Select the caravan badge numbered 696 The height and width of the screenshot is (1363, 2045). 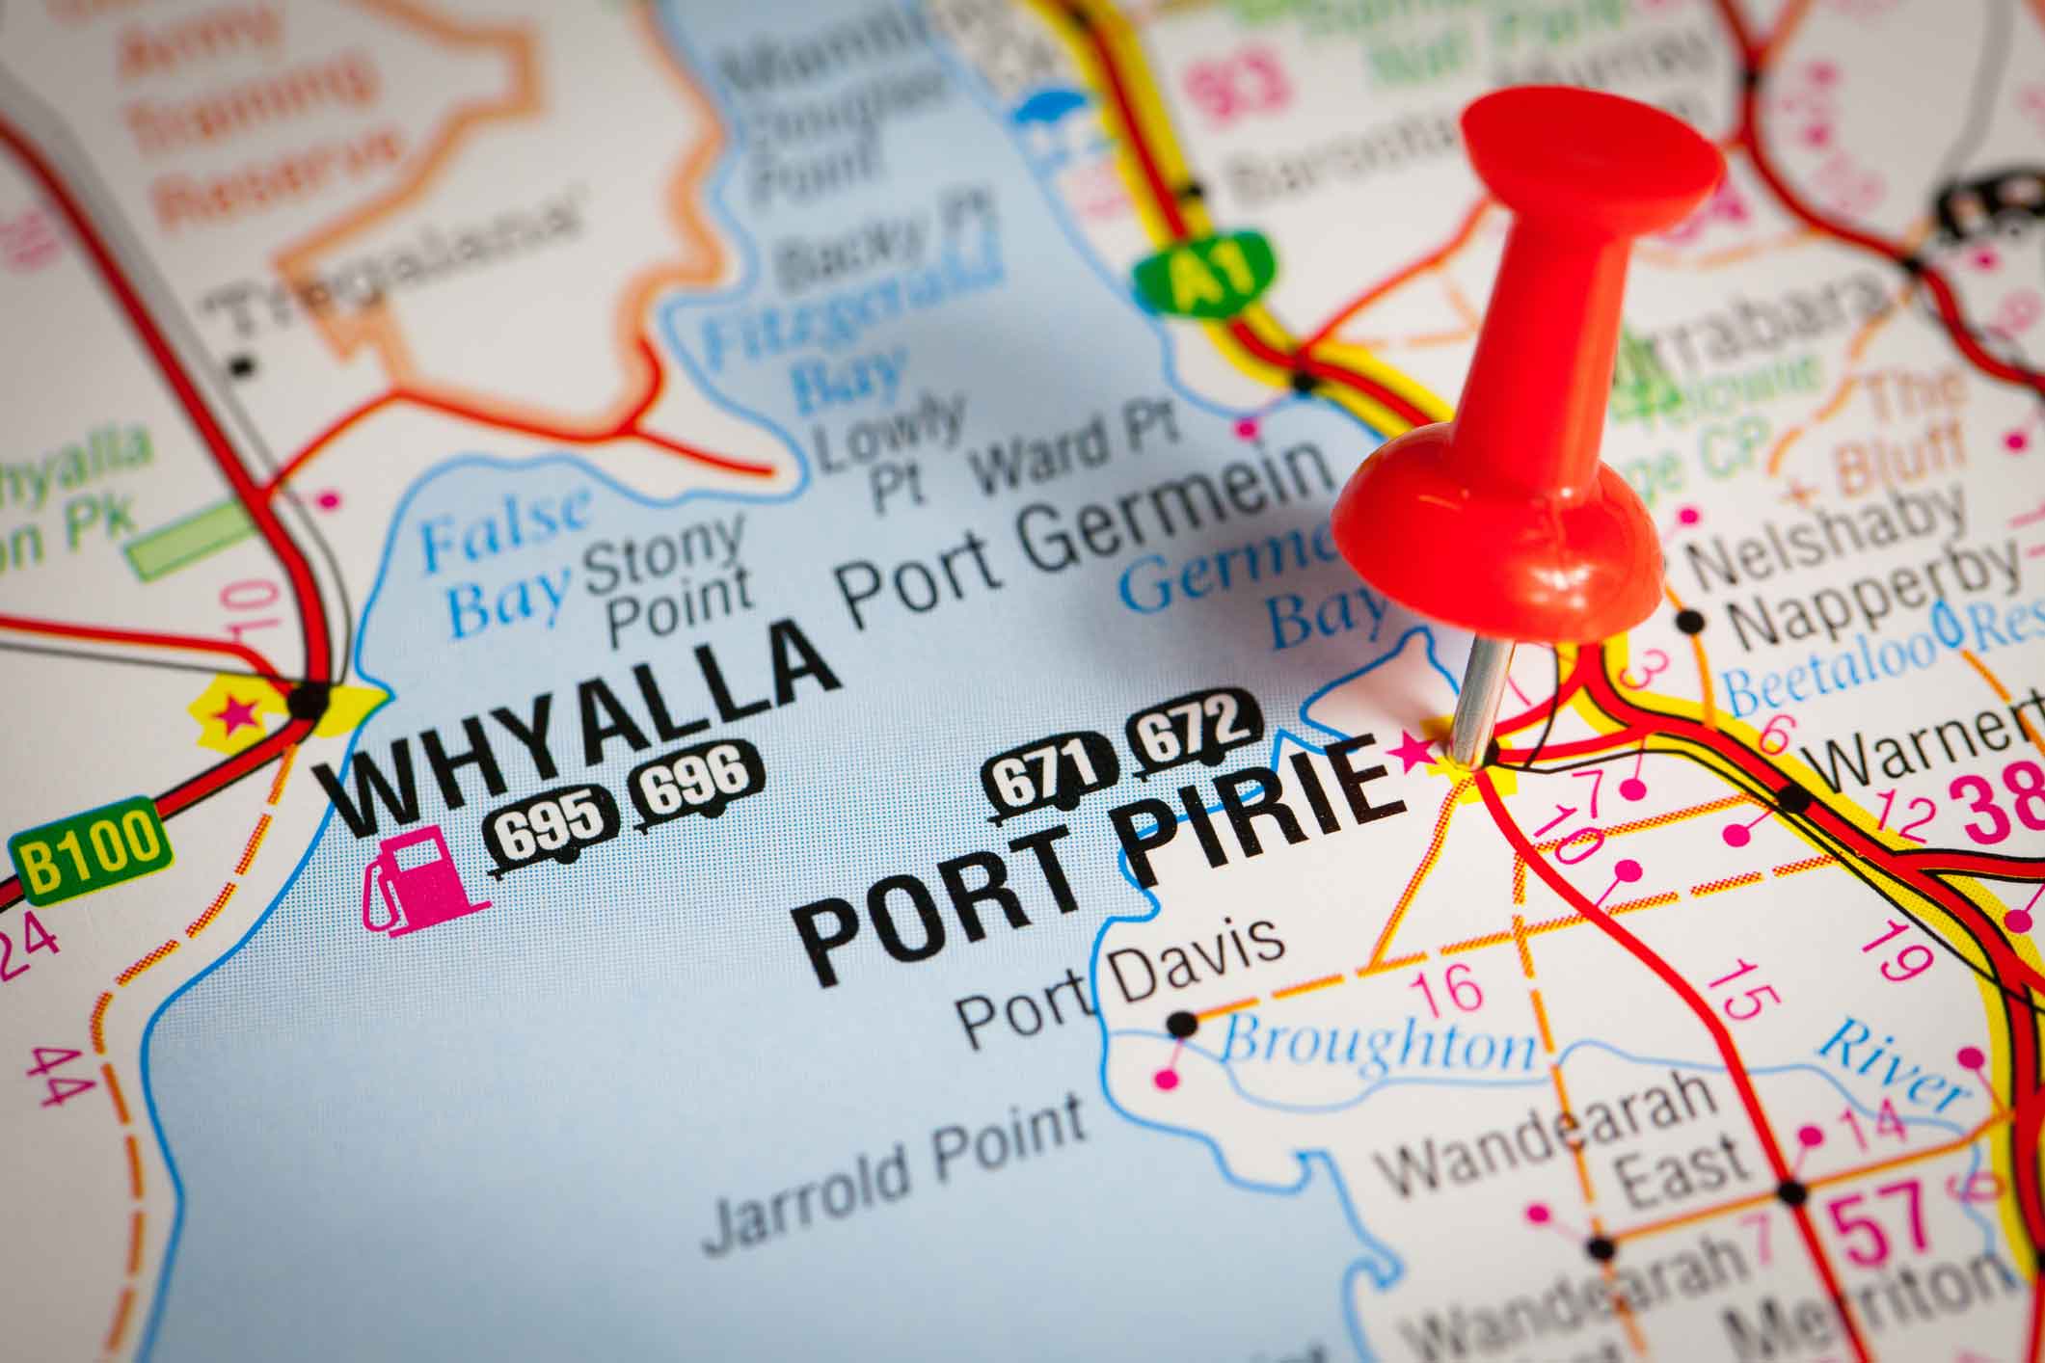[697, 784]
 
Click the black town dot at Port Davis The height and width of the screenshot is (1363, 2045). [1182, 1025]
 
